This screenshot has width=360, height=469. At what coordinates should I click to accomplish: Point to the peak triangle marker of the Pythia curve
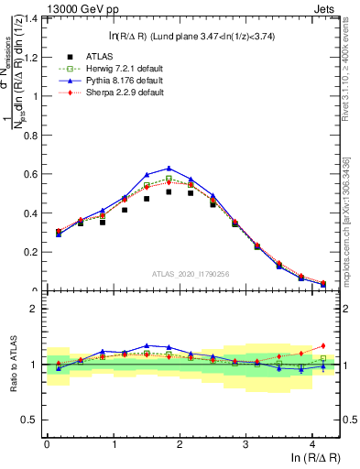pyautogui.click(x=169, y=169)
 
